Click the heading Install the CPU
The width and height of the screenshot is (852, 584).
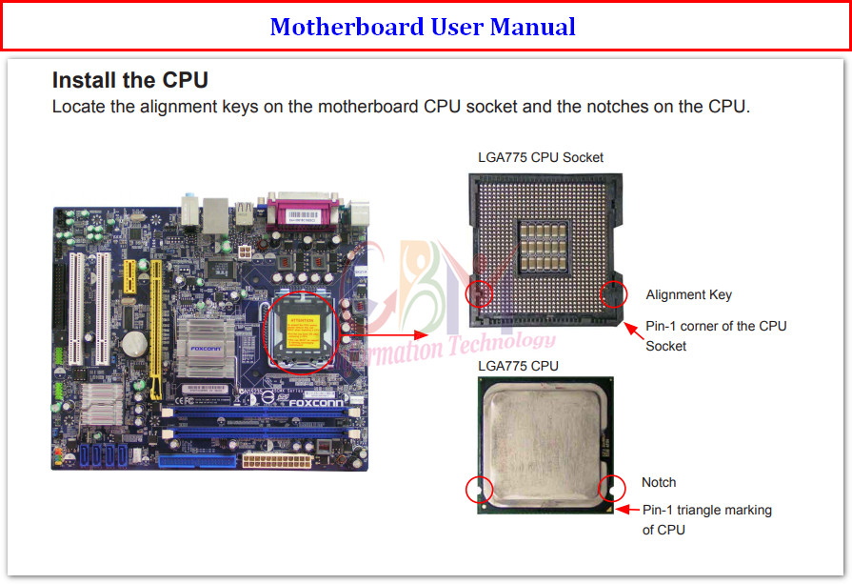click(x=129, y=80)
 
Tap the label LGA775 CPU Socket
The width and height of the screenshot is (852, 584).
click(x=540, y=157)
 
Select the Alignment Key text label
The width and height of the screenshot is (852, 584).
click(x=688, y=294)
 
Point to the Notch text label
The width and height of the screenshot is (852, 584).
click(x=659, y=482)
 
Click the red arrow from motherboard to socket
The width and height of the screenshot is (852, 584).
click(x=392, y=334)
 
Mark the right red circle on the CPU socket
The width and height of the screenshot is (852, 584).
click(x=612, y=294)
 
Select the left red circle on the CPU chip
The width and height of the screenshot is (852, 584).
click(x=479, y=490)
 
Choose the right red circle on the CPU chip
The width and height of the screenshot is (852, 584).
click(x=609, y=490)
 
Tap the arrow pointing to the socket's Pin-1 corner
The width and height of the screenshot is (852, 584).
click(x=631, y=329)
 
